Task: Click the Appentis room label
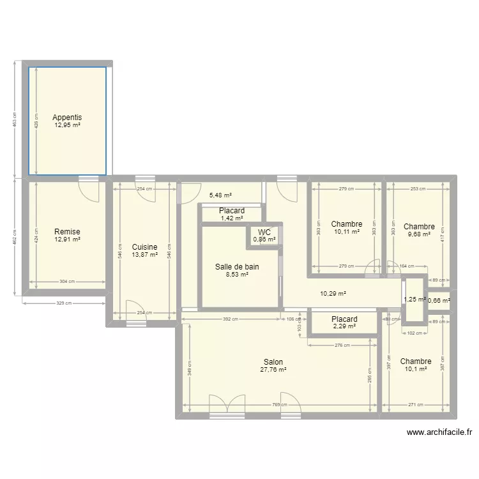click(x=67, y=118)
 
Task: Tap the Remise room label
click(x=67, y=232)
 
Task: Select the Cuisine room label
click(x=144, y=247)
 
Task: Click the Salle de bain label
click(x=237, y=267)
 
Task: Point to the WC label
click(x=264, y=232)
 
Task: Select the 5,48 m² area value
click(x=220, y=195)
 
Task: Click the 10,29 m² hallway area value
click(x=333, y=294)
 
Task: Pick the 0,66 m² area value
click(x=439, y=300)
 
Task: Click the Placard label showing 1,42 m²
click(x=232, y=211)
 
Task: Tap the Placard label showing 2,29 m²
click(x=344, y=319)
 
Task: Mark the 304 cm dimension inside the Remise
click(x=66, y=281)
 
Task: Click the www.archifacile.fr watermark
click(x=439, y=432)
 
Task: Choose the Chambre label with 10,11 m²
click(x=347, y=224)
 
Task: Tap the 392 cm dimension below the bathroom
click(x=231, y=319)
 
